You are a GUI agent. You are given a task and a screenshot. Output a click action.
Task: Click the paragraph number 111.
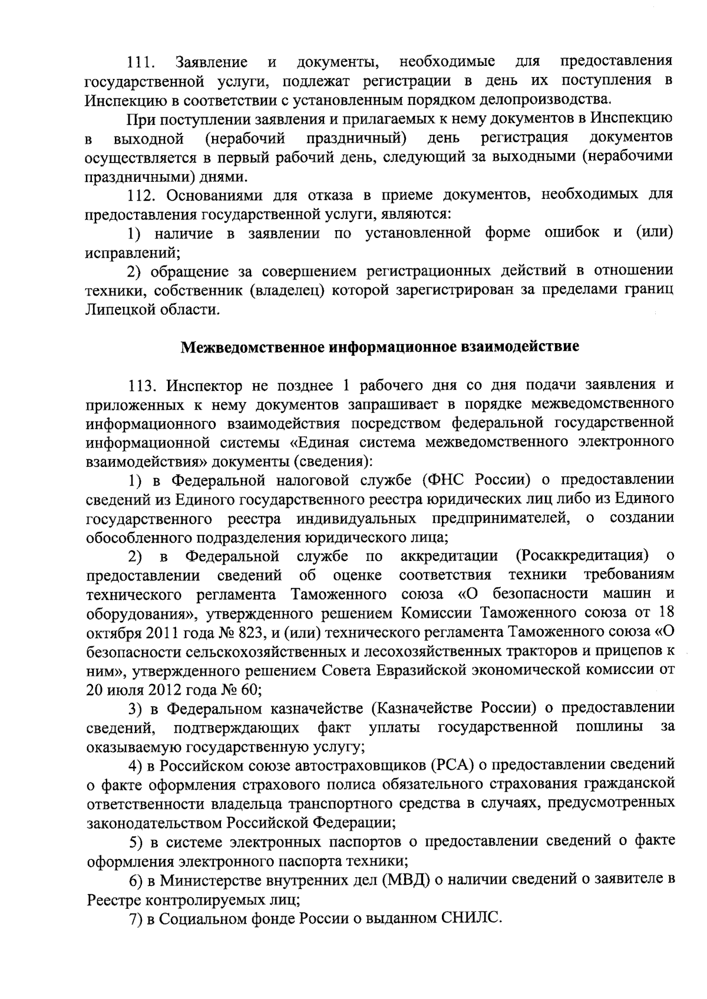tap(141, 62)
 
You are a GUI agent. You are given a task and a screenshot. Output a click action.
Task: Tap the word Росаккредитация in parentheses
tap(581, 556)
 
